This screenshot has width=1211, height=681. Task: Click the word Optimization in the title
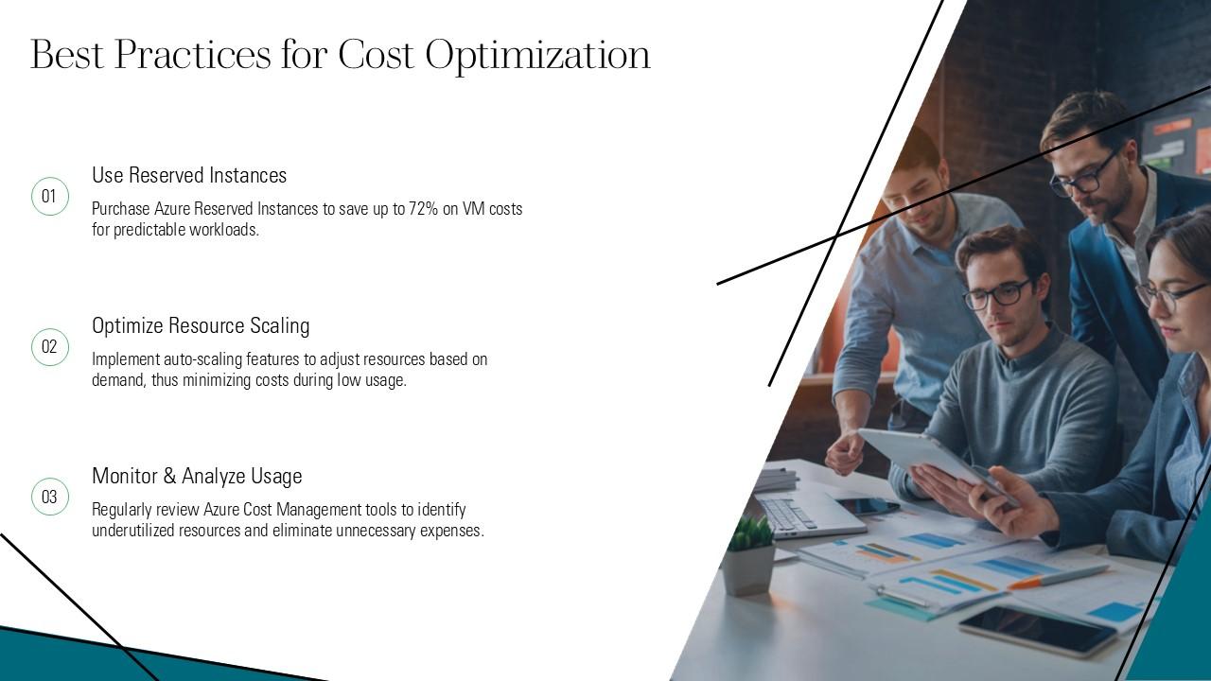[x=537, y=56]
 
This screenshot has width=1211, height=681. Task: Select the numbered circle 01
[x=49, y=197]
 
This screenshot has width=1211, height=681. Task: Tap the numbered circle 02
[x=49, y=347]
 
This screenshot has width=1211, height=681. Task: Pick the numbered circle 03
[x=49, y=498]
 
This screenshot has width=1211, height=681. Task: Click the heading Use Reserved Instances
[x=189, y=176]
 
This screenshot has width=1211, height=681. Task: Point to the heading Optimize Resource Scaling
[x=201, y=326]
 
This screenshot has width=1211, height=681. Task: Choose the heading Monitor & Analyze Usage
[x=197, y=477]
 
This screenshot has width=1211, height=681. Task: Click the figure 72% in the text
[x=423, y=209]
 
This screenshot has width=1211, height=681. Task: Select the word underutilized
[x=133, y=531]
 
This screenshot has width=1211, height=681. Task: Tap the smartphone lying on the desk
[x=1037, y=629]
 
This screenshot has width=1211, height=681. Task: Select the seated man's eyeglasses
[x=997, y=294]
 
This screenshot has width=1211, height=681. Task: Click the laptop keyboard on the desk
[x=789, y=514]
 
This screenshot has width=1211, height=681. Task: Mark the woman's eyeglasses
[x=1169, y=295]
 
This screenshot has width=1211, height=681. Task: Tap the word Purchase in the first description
[x=121, y=209]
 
